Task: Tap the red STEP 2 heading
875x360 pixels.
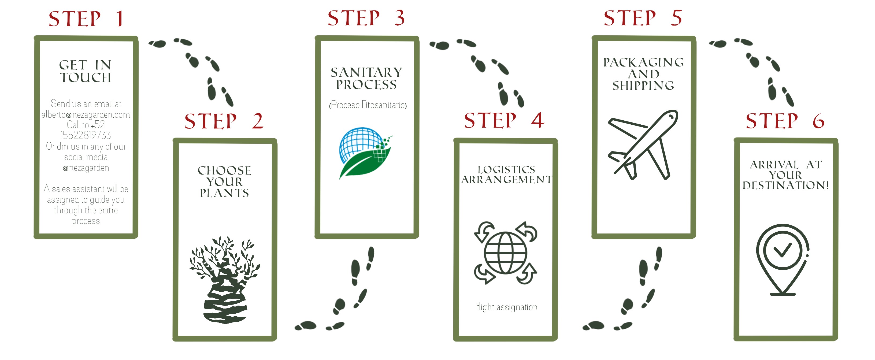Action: tap(224, 121)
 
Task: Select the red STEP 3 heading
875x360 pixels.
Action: tap(366, 18)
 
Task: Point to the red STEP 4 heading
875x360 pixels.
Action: tap(505, 120)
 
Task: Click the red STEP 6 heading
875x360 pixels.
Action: tap(785, 121)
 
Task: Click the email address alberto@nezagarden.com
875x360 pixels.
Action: tap(86, 114)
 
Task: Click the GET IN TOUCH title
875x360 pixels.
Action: tap(86, 71)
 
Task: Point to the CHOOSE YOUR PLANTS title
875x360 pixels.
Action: tap(225, 181)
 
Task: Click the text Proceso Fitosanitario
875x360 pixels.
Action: tap(368, 105)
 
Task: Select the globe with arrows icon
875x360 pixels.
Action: tap(505, 253)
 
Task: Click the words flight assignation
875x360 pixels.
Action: tap(507, 307)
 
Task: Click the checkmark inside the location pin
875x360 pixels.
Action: tap(783, 251)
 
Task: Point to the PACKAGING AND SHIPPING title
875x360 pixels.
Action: tap(643, 74)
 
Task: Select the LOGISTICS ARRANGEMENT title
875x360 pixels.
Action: tap(506, 175)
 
